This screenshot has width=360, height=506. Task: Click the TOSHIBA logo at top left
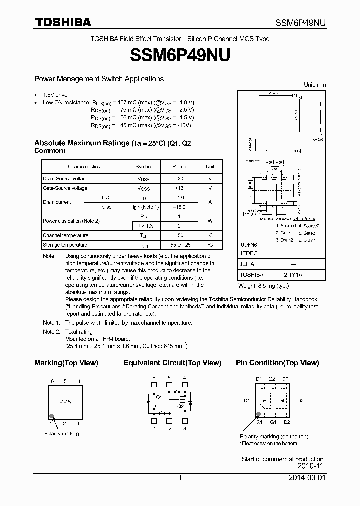[62, 22]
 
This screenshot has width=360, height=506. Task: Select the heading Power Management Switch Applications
[99, 79]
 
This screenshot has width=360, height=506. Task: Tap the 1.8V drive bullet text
[55, 95]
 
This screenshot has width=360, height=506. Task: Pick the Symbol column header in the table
[144, 167]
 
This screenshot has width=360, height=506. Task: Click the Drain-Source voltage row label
[66, 179]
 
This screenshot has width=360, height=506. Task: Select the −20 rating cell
[179, 179]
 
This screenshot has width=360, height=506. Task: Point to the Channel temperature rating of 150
[179, 235]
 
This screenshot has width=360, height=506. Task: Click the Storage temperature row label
[65, 245]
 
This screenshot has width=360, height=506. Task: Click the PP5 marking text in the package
[65, 402]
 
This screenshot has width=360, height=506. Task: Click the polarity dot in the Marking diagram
[52, 416]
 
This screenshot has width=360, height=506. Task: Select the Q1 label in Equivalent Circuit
[159, 398]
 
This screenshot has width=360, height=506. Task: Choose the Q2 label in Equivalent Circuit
[180, 406]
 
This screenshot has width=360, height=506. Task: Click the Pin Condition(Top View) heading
[277, 363]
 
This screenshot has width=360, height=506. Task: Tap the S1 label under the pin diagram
[259, 422]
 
